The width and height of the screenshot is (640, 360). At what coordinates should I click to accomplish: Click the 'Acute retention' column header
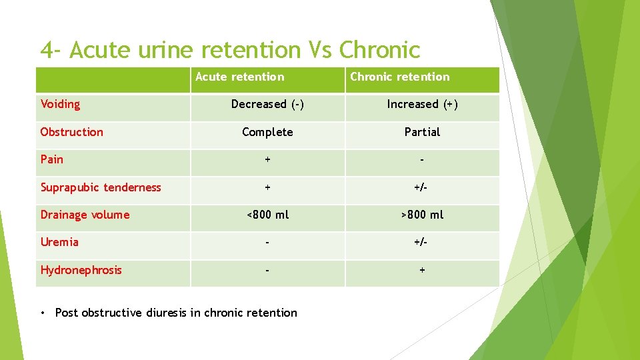click(x=239, y=77)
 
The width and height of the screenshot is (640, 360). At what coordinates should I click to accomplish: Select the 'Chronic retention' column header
click(x=399, y=77)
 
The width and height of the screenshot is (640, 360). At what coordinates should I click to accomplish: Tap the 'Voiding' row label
click(x=60, y=104)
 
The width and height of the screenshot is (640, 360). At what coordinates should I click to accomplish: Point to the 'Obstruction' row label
click(x=71, y=132)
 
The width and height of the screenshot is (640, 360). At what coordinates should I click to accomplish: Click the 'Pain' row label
click(x=52, y=159)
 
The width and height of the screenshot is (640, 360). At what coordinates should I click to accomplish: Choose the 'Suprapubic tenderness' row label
click(x=101, y=187)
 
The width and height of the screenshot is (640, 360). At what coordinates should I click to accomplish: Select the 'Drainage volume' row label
click(x=85, y=215)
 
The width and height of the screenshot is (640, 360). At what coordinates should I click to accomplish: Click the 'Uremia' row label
click(x=59, y=242)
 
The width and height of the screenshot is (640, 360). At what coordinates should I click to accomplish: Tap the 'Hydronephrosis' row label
click(x=81, y=270)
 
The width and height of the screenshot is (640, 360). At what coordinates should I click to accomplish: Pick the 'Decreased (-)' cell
click(x=267, y=104)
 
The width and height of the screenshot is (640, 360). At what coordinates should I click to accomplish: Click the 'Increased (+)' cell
click(x=422, y=104)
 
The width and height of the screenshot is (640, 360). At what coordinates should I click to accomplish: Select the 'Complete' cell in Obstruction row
click(x=267, y=132)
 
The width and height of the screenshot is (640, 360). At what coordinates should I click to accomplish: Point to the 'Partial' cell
click(x=422, y=132)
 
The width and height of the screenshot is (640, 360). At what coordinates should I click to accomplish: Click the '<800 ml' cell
click(x=267, y=215)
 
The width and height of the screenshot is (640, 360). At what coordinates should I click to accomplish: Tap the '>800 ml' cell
click(x=422, y=215)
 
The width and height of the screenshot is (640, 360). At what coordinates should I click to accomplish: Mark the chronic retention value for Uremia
click(x=422, y=242)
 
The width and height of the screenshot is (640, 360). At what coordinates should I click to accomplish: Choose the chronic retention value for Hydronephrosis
click(x=422, y=270)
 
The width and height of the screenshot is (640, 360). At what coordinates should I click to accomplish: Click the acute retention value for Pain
click(x=267, y=159)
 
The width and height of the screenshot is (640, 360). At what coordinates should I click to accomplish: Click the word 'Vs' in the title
click(x=320, y=50)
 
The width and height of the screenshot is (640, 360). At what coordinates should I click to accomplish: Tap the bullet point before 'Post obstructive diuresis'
click(x=43, y=313)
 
